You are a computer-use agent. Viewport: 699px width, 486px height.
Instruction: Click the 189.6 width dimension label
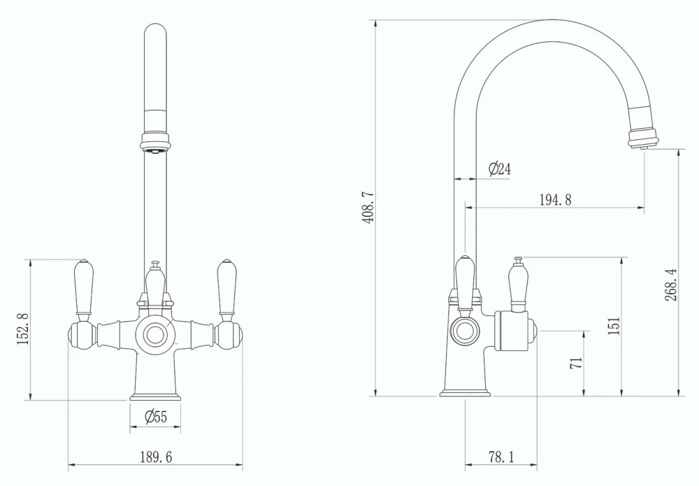pyautogui.click(x=155, y=457)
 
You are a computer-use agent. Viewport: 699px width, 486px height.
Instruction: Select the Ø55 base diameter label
pyautogui.click(x=155, y=417)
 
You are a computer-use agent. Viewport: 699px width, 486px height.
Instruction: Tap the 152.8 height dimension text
pyautogui.click(x=22, y=329)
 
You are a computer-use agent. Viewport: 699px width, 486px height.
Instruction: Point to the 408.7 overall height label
pyautogui.click(x=368, y=207)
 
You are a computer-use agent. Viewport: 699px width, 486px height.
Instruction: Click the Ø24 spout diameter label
pyautogui.click(x=500, y=169)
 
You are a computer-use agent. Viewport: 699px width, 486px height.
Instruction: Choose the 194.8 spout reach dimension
pyautogui.click(x=555, y=200)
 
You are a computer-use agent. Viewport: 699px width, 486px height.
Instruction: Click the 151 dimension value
pyautogui.click(x=614, y=326)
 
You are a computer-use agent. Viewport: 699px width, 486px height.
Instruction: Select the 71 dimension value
pyautogui.click(x=577, y=362)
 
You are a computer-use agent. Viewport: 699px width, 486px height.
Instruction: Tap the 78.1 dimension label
pyautogui.click(x=500, y=457)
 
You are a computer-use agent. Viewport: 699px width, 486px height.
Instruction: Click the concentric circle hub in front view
pyautogui.click(x=155, y=334)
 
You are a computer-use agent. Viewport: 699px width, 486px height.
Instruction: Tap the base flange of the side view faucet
pyautogui.click(x=465, y=392)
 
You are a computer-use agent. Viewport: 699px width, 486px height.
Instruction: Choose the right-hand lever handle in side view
pyautogui.click(x=518, y=285)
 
